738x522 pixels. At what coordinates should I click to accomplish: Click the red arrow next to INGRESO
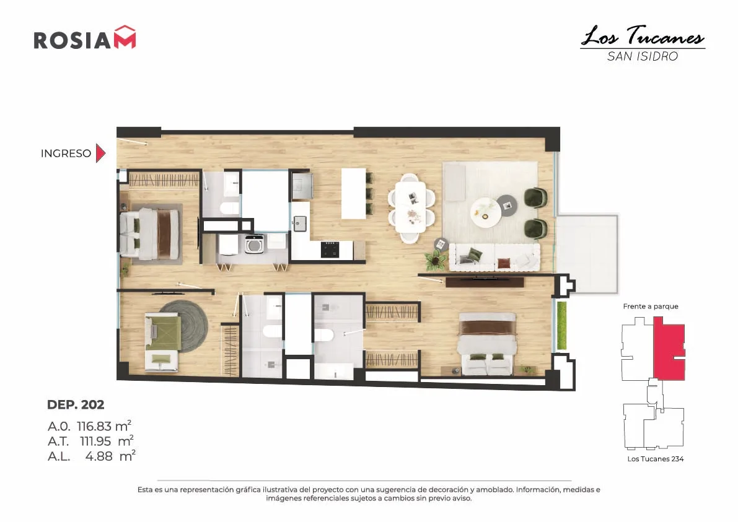pyautogui.click(x=100, y=154)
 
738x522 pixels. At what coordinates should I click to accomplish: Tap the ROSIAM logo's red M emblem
pyautogui.click(x=125, y=37)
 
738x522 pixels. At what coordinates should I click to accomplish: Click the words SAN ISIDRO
pyautogui.click(x=643, y=56)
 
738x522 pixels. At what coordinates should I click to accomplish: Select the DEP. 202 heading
pyautogui.click(x=76, y=404)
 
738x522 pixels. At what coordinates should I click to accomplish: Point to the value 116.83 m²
pyautogui.click(x=104, y=425)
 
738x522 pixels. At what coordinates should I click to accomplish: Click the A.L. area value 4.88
pyautogui.click(x=99, y=456)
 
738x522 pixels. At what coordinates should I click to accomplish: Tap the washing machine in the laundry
pyautogui.click(x=254, y=244)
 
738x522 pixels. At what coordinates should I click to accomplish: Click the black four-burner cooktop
pyautogui.click(x=330, y=250)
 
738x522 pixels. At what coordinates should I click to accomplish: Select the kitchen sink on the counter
pyautogui.click(x=299, y=224)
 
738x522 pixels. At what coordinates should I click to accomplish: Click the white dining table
pyautogui.click(x=410, y=207)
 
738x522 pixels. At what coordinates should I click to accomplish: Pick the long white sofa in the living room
pyautogui.click(x=494, y=257)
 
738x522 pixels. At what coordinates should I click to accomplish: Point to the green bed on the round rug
pyautogui.click(x=162, y=333)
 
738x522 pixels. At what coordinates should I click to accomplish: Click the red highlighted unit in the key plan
pyautogui.click(x=669, y=349)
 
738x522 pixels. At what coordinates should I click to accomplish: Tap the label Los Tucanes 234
pyautogui.click(x=655, y=459)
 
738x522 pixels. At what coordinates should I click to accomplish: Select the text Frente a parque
pyautogui.click(x=651, y=307)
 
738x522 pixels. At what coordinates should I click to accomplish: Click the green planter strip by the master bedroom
pyautogui.click(x=561, y=326)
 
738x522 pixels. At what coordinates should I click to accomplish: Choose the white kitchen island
pyautogui.click(x=353, y=193)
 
